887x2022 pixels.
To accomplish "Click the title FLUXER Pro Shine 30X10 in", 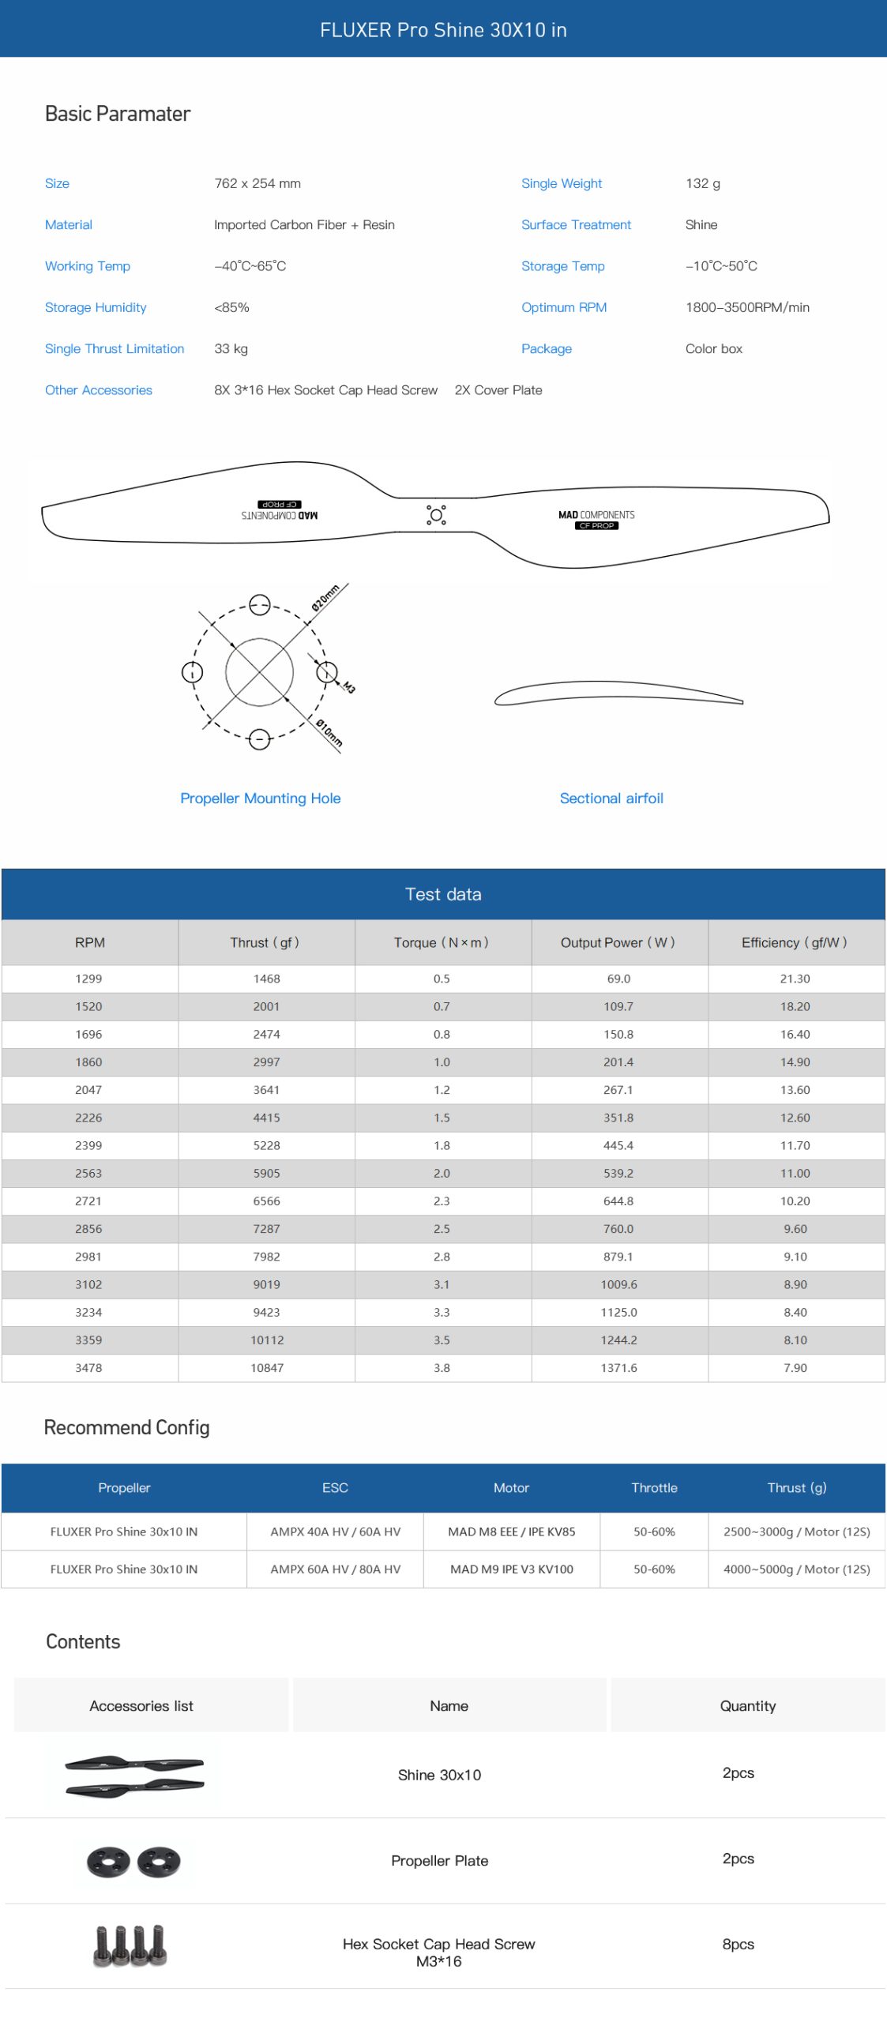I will point(443,30).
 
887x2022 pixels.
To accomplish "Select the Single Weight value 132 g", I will point(702,183).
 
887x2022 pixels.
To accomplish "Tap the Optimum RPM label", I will point(563,307).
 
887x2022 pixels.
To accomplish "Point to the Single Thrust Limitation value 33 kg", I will point(231,348).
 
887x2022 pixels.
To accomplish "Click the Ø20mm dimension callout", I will point(325,598).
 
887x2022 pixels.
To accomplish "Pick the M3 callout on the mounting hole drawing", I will point(348,687).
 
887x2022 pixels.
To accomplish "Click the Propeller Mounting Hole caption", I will point(260,798).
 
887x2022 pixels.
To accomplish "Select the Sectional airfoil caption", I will point(611,798).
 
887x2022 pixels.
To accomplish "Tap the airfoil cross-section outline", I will point(618,693).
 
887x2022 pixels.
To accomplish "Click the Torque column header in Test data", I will point(442,942).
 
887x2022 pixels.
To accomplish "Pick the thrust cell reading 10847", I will point(267,1367).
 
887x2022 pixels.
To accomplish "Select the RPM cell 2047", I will point(88,1089).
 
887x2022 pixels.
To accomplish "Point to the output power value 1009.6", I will point(618,1284).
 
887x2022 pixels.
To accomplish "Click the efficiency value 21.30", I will point(795,978).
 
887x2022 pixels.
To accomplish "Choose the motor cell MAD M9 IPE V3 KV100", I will point(511,1569).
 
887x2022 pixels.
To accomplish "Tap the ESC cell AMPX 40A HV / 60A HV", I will point(335,1532).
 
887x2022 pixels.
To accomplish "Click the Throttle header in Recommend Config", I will point(654,1487).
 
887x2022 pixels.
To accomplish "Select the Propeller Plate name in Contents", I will point(439,1860).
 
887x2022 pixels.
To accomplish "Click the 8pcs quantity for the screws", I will point(738,1944).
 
